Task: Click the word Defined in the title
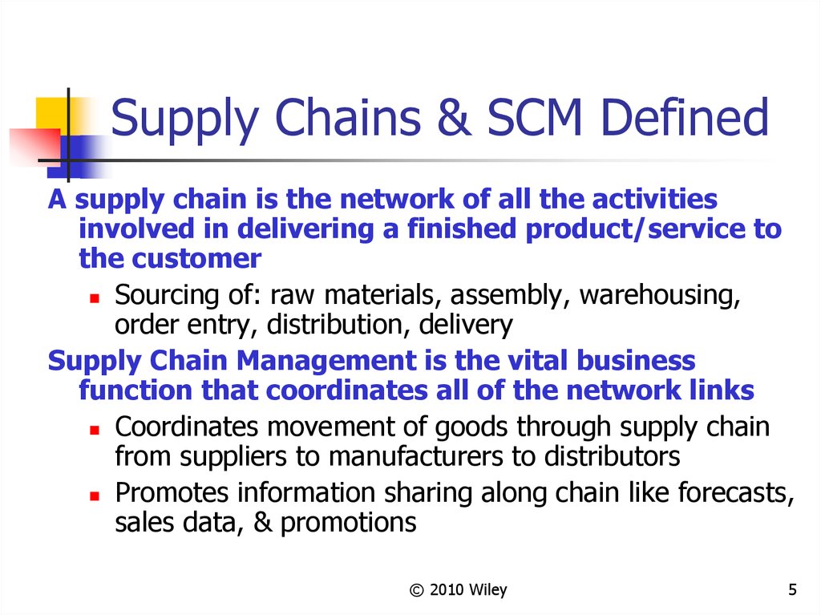click(x=686, y=119)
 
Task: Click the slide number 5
click(x=792, y=591)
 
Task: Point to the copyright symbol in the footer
click(x=415, y=591)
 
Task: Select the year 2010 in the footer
click(x=447, y=591)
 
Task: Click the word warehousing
click(x=658, y=295)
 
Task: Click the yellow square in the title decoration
click(x=50, y=112)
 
